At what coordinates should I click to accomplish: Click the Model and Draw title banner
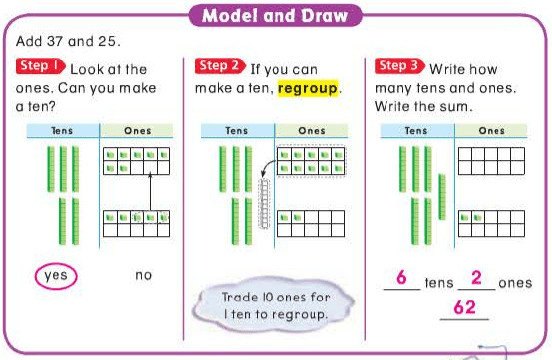click(276, 16)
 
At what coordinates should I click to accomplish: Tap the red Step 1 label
click(41, 66)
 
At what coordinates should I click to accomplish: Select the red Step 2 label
click(220, 66)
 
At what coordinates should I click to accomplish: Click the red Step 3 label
click(399, 66)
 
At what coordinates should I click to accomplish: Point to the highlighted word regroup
click(308, 88)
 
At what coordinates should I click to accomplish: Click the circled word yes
click(55, 276)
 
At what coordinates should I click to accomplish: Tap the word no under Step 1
click(144, 275)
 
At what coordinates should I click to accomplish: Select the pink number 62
click(465, 307)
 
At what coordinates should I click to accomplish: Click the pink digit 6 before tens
click(401, 277)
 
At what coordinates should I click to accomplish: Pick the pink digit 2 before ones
click(476, 277)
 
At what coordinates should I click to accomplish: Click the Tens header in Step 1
click(62, 131)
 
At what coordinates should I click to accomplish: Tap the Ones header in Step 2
click(312, 131)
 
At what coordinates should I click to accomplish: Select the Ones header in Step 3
click(492, 131)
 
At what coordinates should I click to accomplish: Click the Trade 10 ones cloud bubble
click(275, 305)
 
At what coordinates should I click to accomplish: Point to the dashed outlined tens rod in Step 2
click(264, 203)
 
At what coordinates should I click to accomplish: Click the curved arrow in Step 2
click(268, 167)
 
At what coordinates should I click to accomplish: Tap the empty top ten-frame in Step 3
click(492, 161)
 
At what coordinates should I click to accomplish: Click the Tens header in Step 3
click(416, 131)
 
